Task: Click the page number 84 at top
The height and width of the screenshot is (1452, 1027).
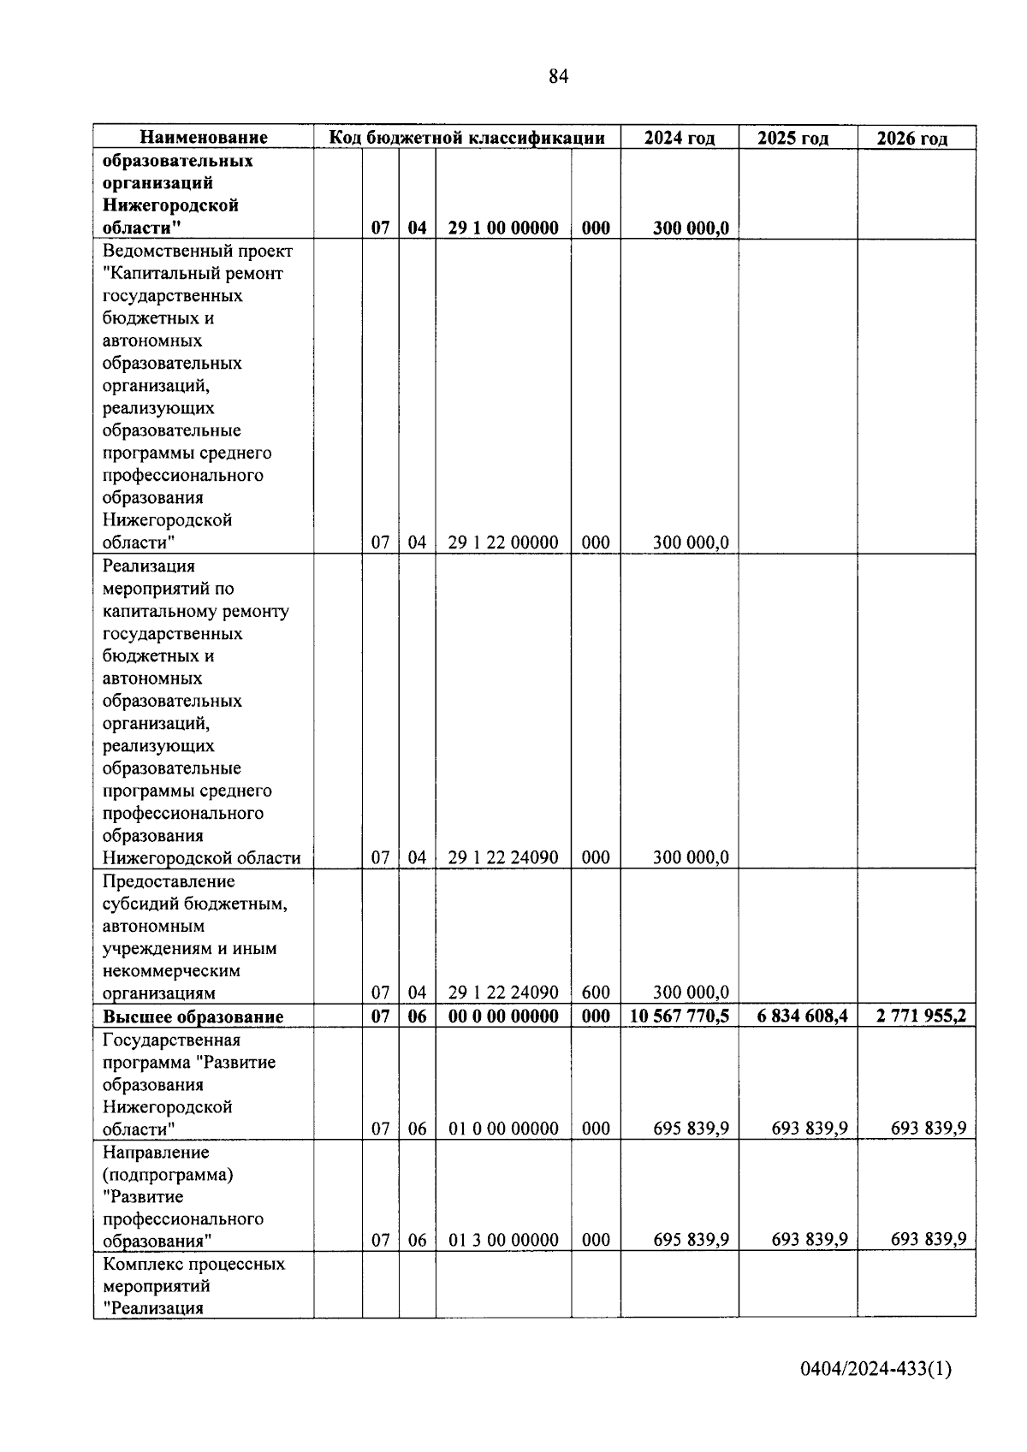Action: (558, 77)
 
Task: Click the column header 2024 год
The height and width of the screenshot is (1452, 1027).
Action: (679, 138)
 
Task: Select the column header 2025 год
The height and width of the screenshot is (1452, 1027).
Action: (793, 138)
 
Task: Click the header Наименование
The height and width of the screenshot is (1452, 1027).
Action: (204, 137)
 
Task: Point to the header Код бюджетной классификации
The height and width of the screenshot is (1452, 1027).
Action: (467, 137)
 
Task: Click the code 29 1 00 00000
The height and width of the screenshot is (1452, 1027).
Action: (503, 228)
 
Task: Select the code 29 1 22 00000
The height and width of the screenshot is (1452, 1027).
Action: (503, 542)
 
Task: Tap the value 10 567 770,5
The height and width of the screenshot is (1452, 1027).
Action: (679, 1016)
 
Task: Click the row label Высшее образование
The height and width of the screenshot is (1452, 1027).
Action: (193, 1016)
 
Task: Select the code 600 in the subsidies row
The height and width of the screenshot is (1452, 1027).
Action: (596, 993)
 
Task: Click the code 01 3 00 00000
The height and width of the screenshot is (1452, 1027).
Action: (503, 1240)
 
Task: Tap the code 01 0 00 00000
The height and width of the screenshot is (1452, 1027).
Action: (503, 1129)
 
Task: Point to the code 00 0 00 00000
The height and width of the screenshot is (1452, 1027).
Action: (503, 1016)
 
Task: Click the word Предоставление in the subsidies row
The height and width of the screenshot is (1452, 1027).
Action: (168, 881)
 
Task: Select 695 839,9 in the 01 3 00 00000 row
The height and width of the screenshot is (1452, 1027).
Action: (691, 1240)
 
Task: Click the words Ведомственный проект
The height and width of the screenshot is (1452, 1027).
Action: (197, 252)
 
